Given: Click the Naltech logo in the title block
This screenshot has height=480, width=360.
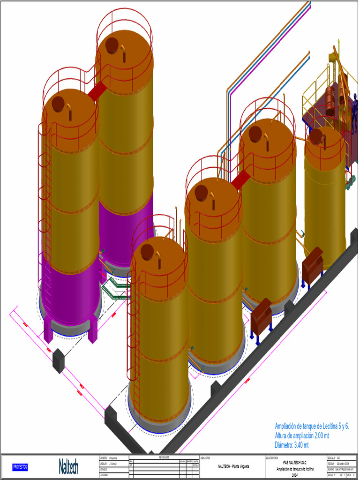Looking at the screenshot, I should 68,467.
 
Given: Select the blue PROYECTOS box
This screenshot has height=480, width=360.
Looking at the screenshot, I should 20,467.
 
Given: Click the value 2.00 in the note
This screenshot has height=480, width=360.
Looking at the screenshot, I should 322,435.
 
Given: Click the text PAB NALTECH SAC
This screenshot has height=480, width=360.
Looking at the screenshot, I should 294,462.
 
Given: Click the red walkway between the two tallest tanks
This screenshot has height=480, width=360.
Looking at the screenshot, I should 97,91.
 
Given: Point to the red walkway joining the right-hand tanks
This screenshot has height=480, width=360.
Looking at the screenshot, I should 240,180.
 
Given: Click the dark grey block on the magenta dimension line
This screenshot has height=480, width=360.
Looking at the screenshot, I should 59,360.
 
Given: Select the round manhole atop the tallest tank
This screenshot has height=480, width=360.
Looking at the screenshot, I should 112,45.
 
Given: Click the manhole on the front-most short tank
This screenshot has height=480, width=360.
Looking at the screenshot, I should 147,252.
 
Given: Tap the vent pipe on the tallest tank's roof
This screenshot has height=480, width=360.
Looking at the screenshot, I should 123,52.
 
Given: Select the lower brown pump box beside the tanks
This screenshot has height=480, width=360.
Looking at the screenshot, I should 261,317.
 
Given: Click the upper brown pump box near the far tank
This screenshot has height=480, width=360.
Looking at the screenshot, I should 312,264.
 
